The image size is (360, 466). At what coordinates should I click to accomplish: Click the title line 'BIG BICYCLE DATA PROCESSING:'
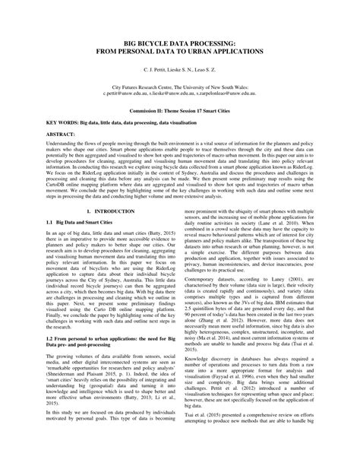[x=179, y=45]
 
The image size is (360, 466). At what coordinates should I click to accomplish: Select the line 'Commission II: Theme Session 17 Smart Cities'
[x=179, y=112]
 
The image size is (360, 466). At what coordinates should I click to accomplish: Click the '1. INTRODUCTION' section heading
[x=110, y=210]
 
